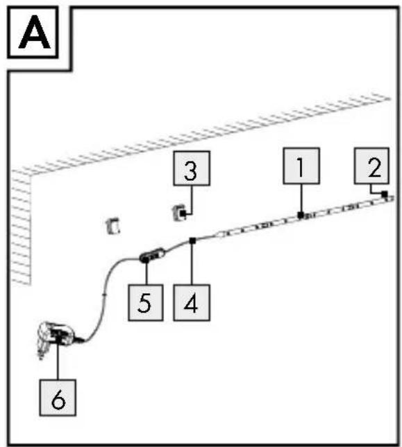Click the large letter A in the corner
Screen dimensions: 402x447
coord(34,34)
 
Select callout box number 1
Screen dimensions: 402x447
coord(301,166)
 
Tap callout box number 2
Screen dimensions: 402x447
coord(371,166)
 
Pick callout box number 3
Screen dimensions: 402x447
coord(192,168)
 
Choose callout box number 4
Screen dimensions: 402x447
coord(192,302)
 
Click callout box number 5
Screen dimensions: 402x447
coord(146,302)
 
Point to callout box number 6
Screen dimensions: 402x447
coord(58,398)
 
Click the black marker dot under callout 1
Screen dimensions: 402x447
coord(301,216)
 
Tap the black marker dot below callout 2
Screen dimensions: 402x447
coord(385,194)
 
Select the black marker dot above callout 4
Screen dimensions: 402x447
coord(193,241)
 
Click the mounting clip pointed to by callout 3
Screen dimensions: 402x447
coord(180,213)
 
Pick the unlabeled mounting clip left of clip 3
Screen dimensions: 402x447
coord(112,226)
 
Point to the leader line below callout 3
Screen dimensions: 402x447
coord(192,200)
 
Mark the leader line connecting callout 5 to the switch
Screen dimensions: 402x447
coord(146,273)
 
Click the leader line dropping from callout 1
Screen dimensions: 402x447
coord(301,198)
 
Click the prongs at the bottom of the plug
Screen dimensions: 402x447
coord(42,353)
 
